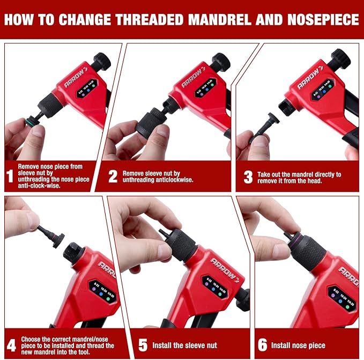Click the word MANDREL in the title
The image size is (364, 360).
[213, 20]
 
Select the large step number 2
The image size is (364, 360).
[113, 177]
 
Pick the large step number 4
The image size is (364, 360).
[11, 343]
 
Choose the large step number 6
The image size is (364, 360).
[261, 344]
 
